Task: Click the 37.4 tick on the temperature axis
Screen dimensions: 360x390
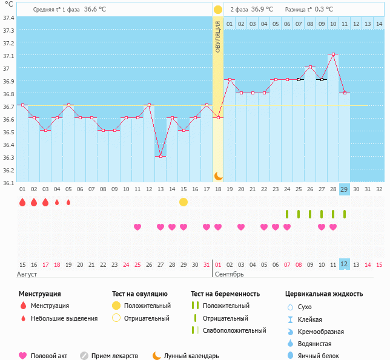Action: click(8, 18)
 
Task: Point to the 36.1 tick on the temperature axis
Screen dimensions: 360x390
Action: click(8, 182)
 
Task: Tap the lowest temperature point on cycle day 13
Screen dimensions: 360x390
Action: click(160, 157)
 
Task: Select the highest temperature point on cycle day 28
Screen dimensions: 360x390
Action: click(333, 54)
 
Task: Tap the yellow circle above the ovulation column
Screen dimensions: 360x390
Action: click(218, 10)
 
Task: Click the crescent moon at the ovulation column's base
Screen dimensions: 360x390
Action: click(218, 175)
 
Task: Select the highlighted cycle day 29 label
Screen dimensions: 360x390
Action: click(345, 189)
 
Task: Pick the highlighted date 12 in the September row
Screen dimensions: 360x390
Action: click(345, 264)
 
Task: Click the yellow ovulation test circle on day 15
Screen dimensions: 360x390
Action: click(183, 202)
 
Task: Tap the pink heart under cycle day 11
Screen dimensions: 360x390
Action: click(137, 227)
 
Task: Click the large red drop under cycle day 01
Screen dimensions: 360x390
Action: click(22, 202)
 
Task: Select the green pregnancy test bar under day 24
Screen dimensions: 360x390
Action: click(287, 214)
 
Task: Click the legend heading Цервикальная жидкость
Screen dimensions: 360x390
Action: click(324, 294)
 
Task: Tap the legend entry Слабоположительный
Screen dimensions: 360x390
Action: click(234, 330)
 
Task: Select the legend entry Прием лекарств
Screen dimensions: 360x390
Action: click(114, 356)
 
